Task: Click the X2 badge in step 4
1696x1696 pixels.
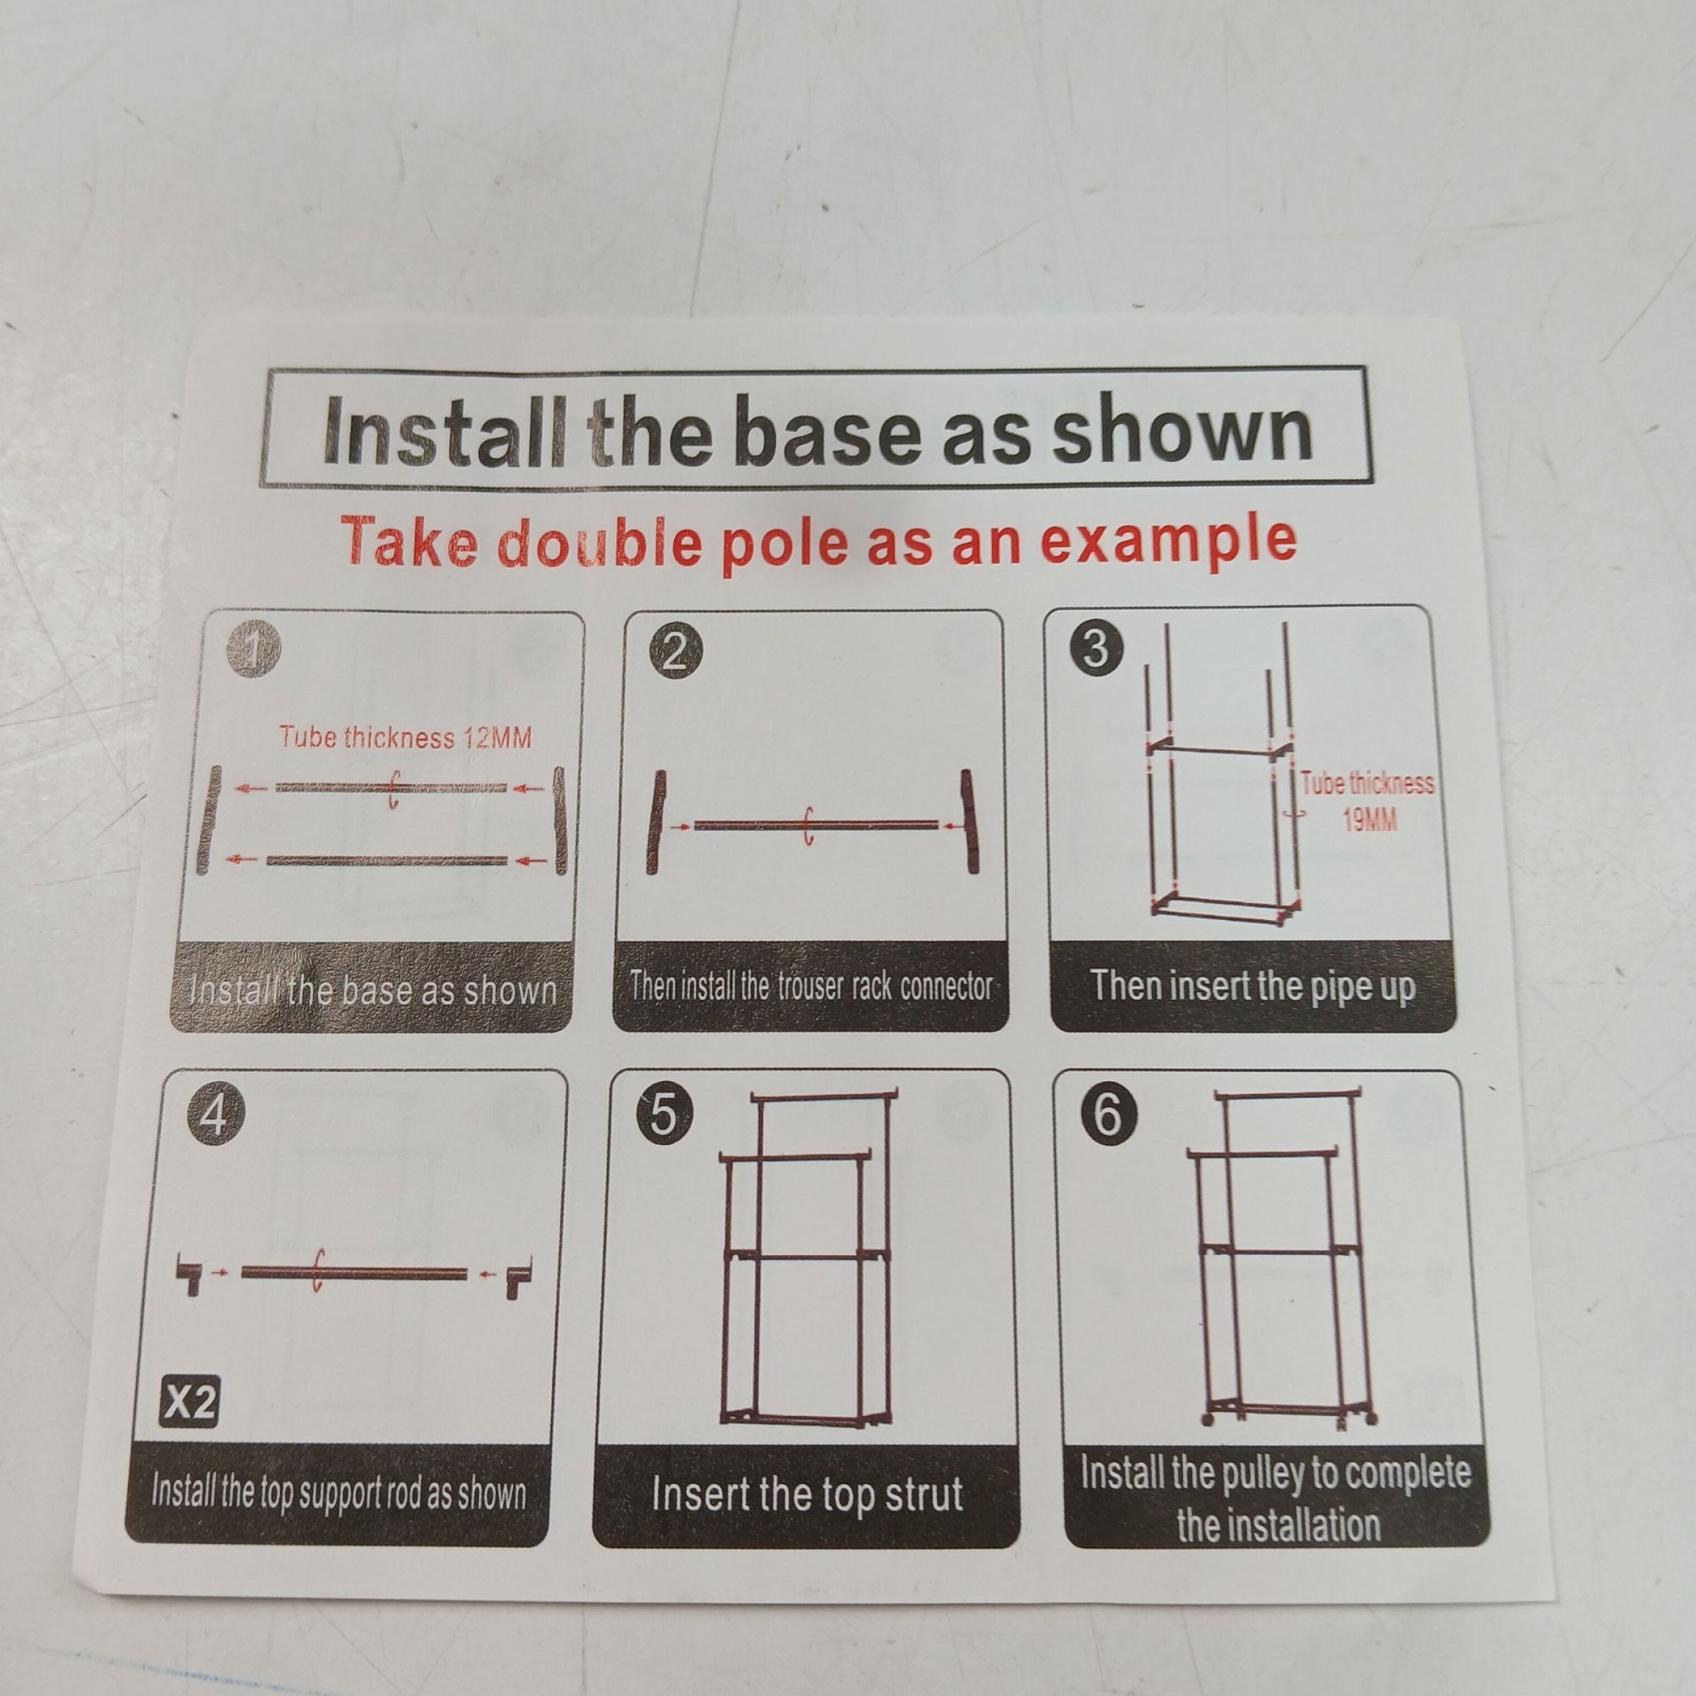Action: click(189, 1405)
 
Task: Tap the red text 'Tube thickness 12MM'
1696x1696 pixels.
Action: click(406, 736)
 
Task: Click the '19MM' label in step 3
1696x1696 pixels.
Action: click(1370, 820)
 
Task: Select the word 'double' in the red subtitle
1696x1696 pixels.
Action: click(599, 543)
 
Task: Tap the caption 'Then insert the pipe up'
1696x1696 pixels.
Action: click(1253, 986)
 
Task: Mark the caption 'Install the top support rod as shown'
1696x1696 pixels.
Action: click(339, 1492)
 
